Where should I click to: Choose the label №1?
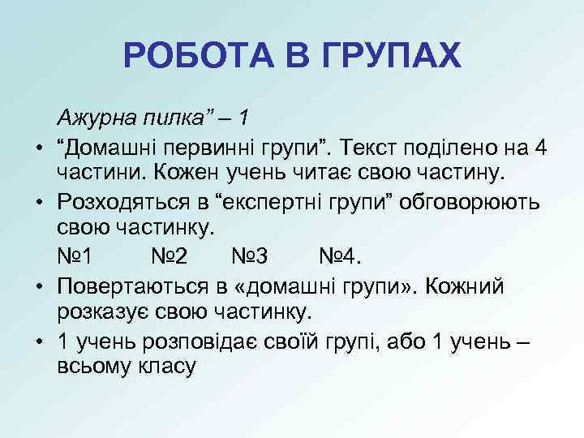click(x=75, y=257)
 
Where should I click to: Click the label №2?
click(x=170, y=257)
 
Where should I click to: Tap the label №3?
click(x=250, y=257)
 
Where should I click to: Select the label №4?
click(x=337, y=257)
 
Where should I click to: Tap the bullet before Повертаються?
click(x=38, y=286)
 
